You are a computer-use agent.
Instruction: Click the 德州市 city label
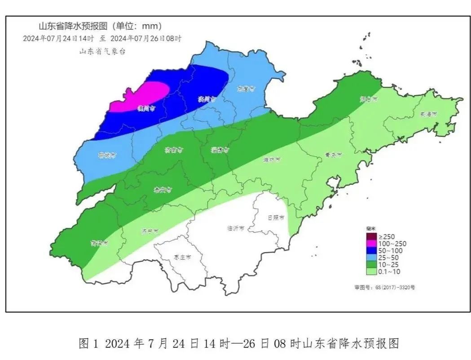point(147,108)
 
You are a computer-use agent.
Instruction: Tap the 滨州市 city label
point(207,99)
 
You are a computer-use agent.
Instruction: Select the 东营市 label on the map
point(246,89)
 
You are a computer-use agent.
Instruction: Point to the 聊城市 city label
point(107,156)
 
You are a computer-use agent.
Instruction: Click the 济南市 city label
point(173,150)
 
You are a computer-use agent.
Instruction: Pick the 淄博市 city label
point(220,151)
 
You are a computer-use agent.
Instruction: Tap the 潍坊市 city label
point(272,159)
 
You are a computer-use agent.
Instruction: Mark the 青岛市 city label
point(333,155)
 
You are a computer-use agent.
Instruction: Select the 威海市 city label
point(428,115)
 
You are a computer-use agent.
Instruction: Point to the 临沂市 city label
point(236,228)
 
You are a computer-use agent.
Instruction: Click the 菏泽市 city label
point(99,243)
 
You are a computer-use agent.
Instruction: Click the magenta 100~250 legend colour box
point(371,244)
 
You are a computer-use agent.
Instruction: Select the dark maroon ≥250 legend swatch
point(371,236)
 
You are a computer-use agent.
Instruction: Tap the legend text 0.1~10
point(389,271)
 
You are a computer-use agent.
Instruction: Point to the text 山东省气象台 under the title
point(102,52)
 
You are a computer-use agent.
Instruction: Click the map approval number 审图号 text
point(384,287)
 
